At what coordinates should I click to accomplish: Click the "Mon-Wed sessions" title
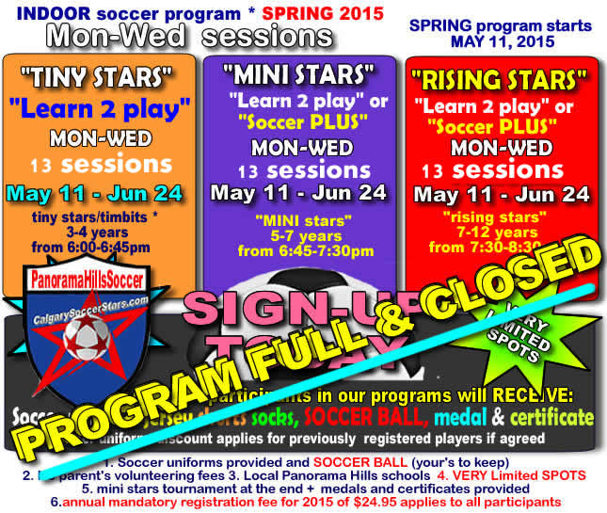coord(188,36)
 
